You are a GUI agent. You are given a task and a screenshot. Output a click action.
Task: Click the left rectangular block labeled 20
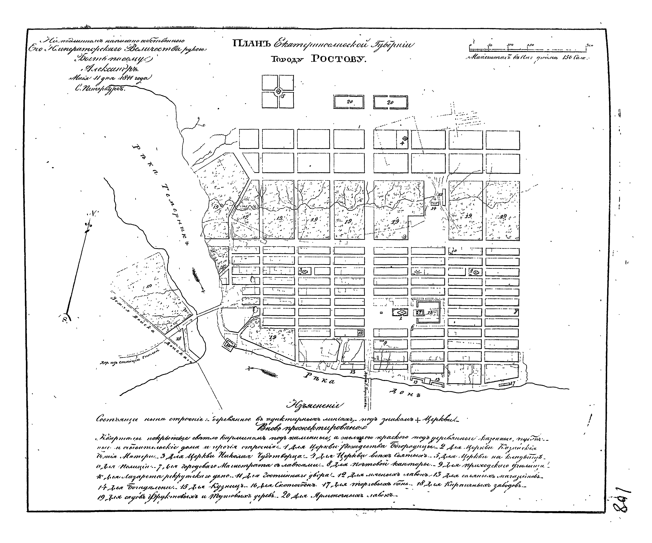coord(349,102)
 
